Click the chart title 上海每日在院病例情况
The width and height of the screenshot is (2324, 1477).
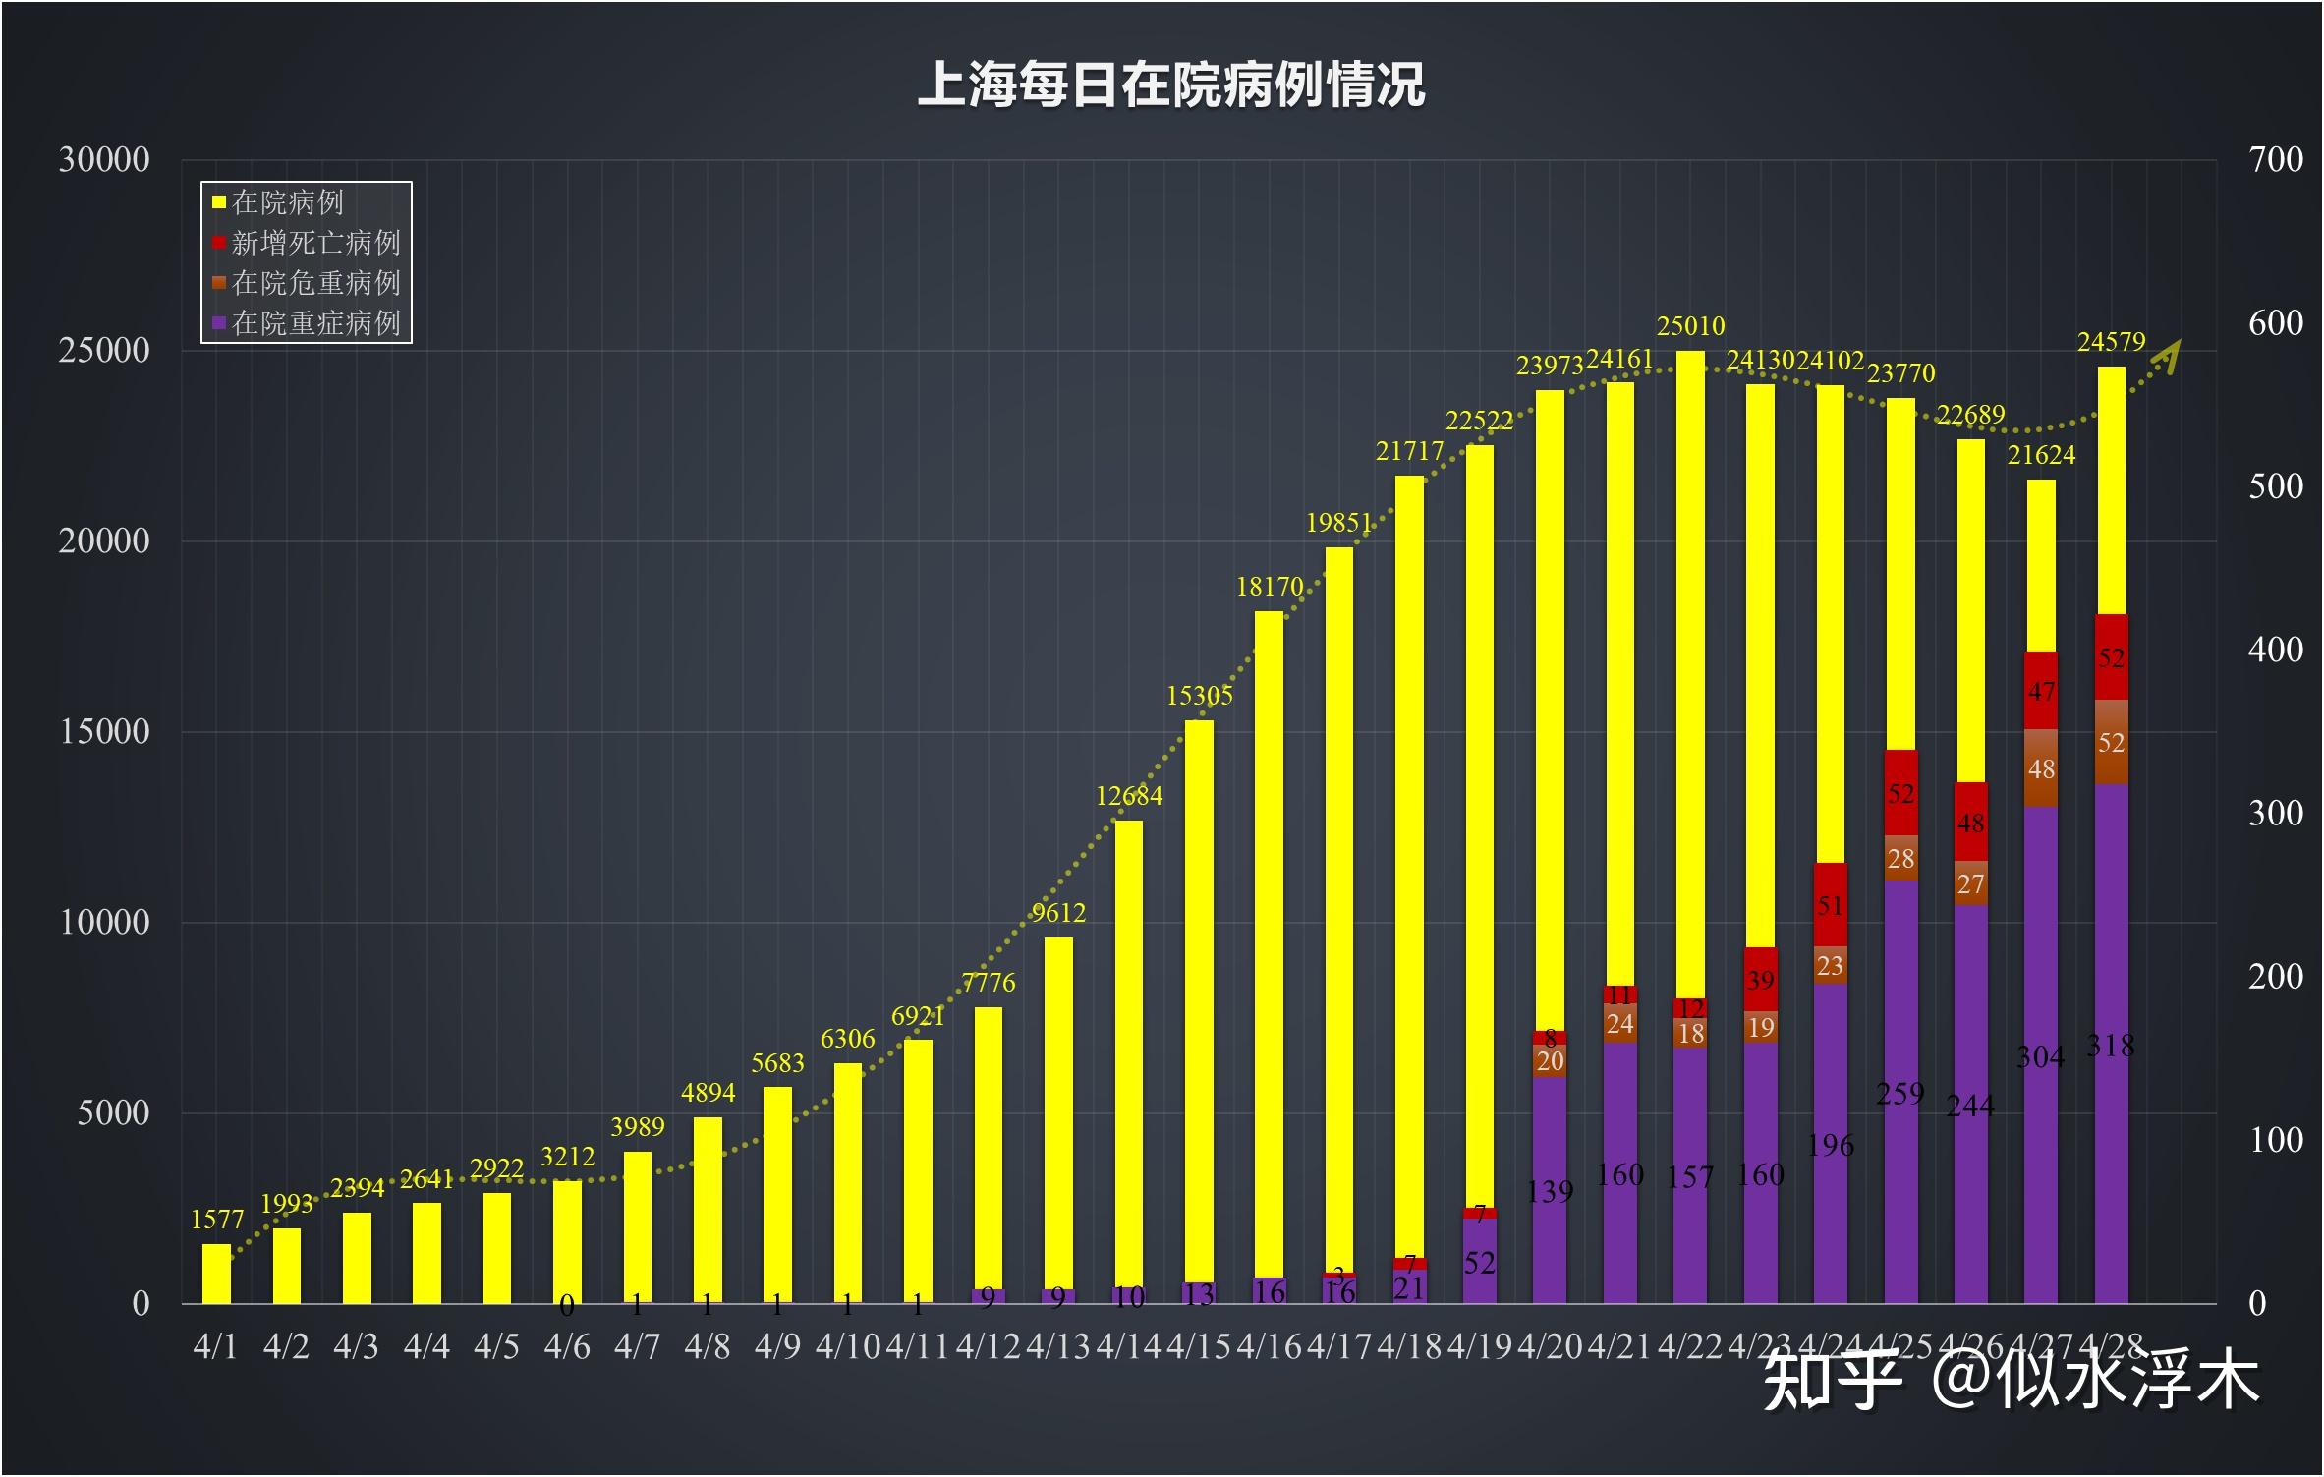(1170, 85)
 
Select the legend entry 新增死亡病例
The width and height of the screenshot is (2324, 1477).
(314, 243)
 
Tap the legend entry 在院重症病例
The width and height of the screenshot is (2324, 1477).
(314, 323)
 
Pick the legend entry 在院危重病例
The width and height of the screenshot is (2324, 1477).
(314, 283)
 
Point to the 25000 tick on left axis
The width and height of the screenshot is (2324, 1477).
(104, 351)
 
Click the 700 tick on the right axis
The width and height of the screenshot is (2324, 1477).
(2276, 160)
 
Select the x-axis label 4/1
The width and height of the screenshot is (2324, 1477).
(215, 1346)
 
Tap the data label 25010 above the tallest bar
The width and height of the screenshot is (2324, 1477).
(1690, 326)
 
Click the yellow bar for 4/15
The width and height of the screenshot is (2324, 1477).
(1199, 983)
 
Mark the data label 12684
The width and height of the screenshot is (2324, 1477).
(1129, 796)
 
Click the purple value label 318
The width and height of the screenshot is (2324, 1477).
(2110, 1047)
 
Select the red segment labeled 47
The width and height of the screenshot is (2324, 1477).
(2041, 691)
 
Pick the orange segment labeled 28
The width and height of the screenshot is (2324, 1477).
(1900, 859)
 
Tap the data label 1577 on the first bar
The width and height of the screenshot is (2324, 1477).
(216, 1221)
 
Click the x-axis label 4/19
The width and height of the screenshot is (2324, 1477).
(1479, 1346)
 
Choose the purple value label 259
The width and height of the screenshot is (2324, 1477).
(1899, 1094)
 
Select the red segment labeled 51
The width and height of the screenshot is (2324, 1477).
(1830, 905)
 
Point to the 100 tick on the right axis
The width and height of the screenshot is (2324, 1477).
(2276, 1141)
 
